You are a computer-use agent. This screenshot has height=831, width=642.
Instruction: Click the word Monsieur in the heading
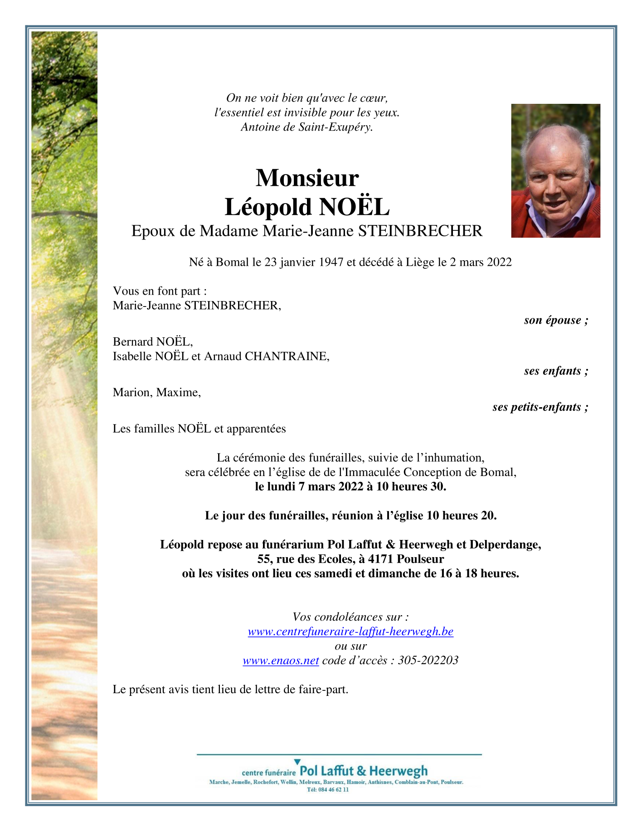[307, 178]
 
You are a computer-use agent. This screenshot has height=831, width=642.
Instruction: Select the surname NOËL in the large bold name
[354, 207]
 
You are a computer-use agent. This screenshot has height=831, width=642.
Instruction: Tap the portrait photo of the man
[555, 170]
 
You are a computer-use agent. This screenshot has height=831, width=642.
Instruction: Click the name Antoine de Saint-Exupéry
[306, 127]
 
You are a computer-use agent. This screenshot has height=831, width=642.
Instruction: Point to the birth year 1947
[331, 262]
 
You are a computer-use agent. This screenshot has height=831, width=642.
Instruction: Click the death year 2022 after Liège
[499, 262]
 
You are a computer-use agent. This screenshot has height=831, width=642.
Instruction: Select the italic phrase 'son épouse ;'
[556, 320]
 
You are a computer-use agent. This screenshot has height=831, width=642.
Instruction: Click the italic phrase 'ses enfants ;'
[556, 371]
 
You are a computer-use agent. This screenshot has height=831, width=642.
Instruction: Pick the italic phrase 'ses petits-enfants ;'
[540, 407]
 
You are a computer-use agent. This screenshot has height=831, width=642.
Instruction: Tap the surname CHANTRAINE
[287, 356]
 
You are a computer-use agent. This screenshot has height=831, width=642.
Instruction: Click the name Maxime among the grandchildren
[178, 392]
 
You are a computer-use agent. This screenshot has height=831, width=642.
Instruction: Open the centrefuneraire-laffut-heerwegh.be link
[350, 631]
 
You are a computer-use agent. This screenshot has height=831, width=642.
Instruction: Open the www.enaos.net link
[281, 660]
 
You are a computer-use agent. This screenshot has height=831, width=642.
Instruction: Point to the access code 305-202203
[428, 660]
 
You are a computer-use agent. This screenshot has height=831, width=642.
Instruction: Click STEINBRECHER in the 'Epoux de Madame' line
[420, 231]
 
